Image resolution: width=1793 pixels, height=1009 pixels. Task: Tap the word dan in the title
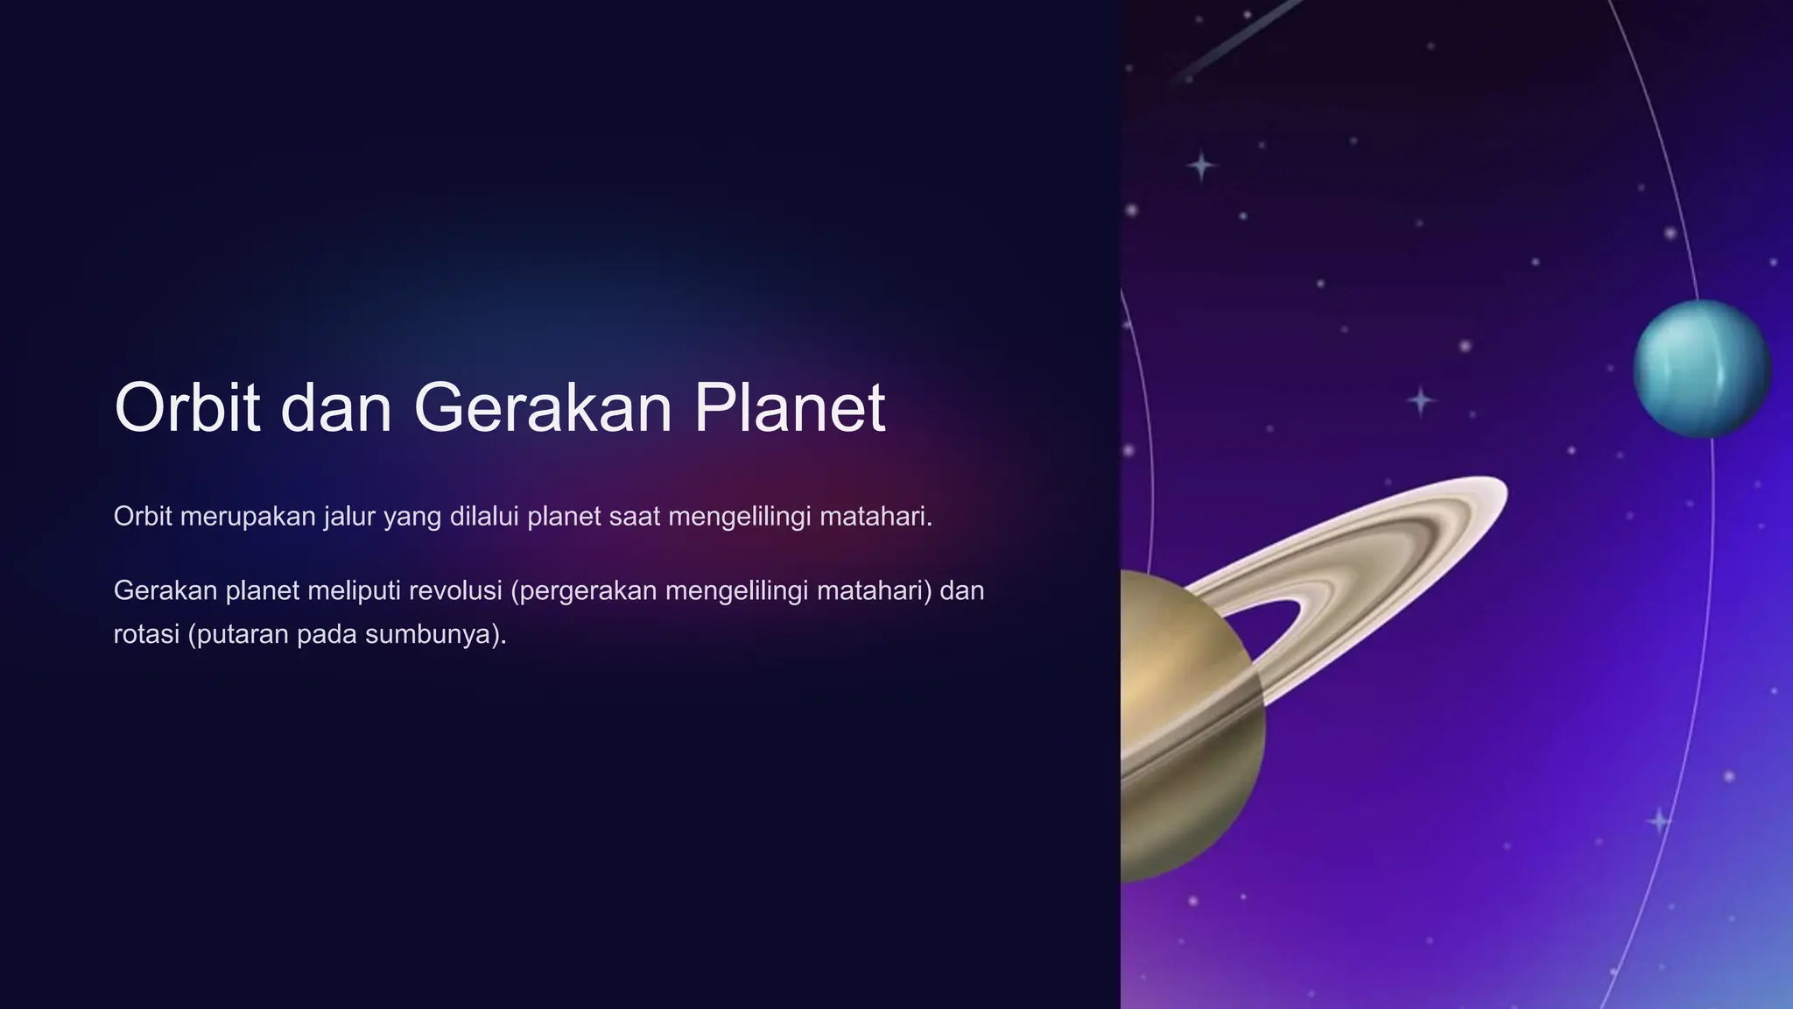click(336, 407)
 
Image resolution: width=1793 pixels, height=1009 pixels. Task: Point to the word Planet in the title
click(790, 407)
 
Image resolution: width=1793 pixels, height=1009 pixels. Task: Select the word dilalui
click(484, 517)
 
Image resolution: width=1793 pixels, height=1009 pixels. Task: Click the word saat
click(634, 517)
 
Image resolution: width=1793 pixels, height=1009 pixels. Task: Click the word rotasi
click(147, 634)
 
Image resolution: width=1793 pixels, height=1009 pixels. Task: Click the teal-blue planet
click(1702, 369)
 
